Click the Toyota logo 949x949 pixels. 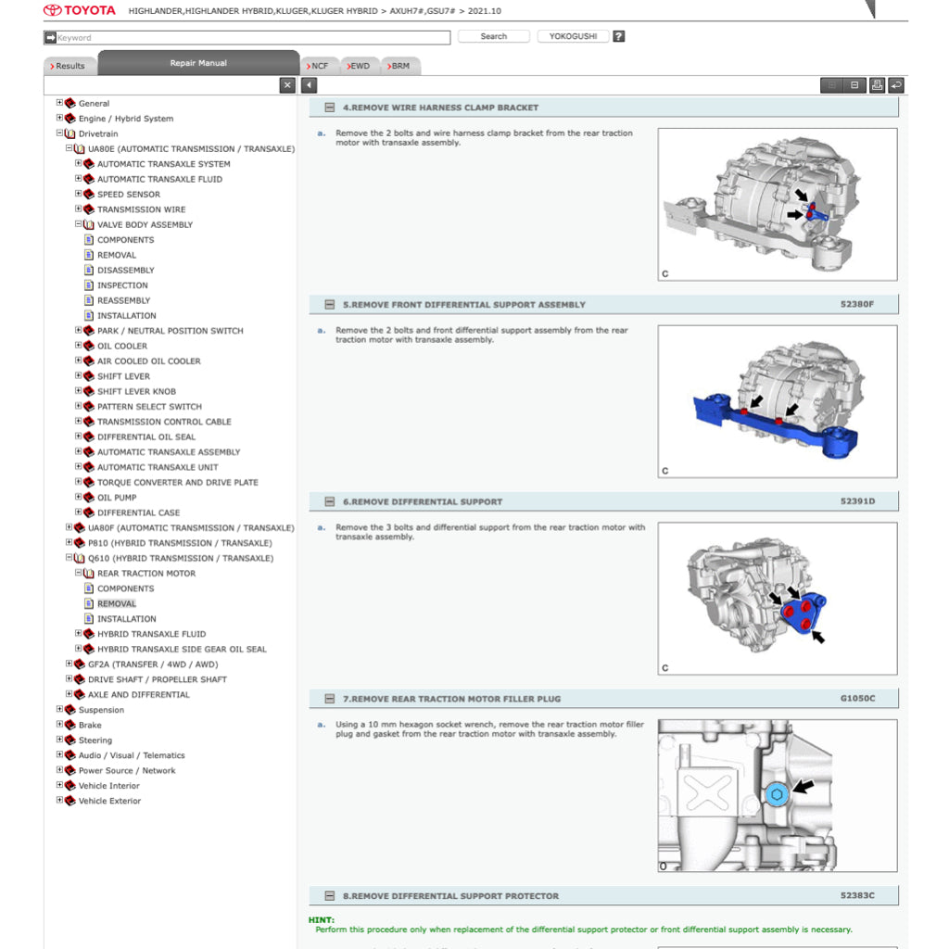80,10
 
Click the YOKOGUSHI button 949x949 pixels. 573,37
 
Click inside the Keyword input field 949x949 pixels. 250,38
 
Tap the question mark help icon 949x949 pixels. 619,37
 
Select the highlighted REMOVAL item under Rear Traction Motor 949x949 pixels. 117,604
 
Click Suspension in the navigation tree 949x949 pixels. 101,711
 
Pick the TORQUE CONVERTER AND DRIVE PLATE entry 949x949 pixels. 178,483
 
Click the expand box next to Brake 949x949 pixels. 60,725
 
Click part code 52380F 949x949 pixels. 856,305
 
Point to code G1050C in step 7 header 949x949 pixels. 856,699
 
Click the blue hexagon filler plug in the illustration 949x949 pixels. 776,795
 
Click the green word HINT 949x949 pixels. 321,919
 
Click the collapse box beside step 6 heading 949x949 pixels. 329,502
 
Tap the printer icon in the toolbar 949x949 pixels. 876,85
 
